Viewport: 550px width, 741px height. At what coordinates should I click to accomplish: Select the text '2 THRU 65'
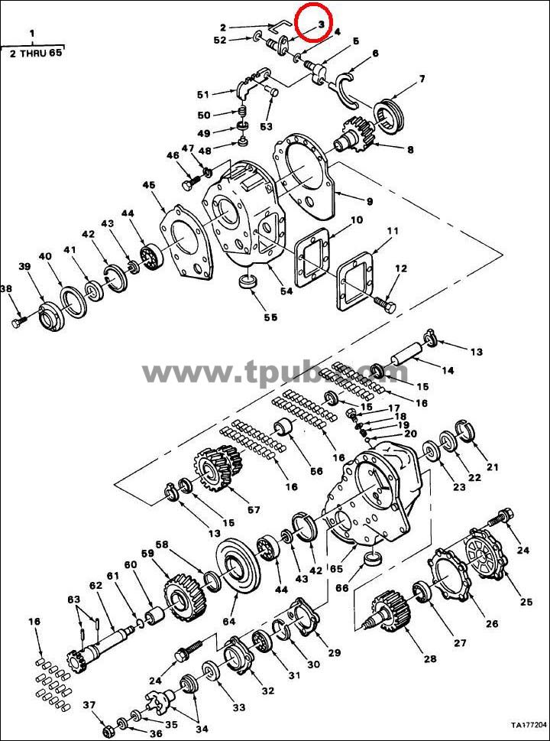click(36, 53)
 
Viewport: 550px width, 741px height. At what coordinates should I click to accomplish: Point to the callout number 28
click(430, 658)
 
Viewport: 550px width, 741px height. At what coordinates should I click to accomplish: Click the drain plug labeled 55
click(248, 282)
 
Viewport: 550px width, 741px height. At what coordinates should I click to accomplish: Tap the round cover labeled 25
click(487, 554)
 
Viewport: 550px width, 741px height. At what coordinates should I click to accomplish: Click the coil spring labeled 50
click(242, 112)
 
